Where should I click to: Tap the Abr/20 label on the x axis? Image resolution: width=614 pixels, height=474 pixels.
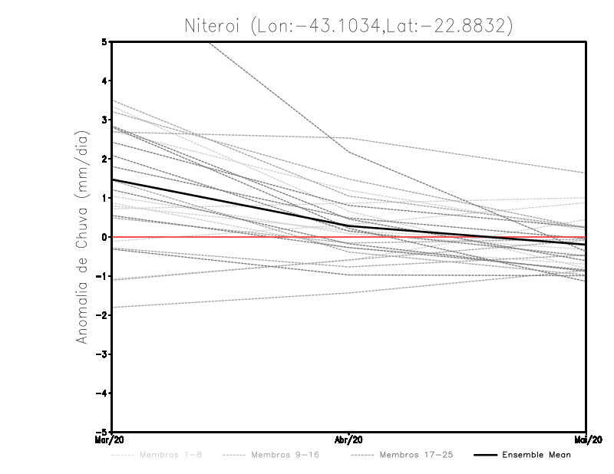point(349,440)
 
